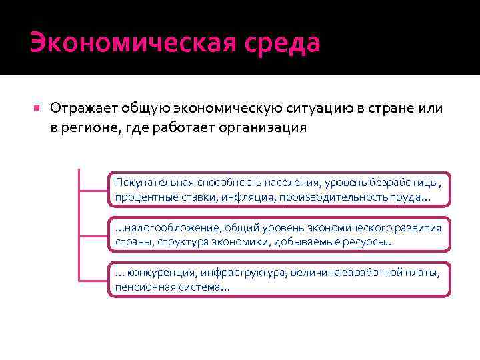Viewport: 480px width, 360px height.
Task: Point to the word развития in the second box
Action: click(419, 227)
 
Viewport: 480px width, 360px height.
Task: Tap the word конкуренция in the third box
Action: click(157, 272)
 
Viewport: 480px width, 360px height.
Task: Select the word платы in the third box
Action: click(425, 272)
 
